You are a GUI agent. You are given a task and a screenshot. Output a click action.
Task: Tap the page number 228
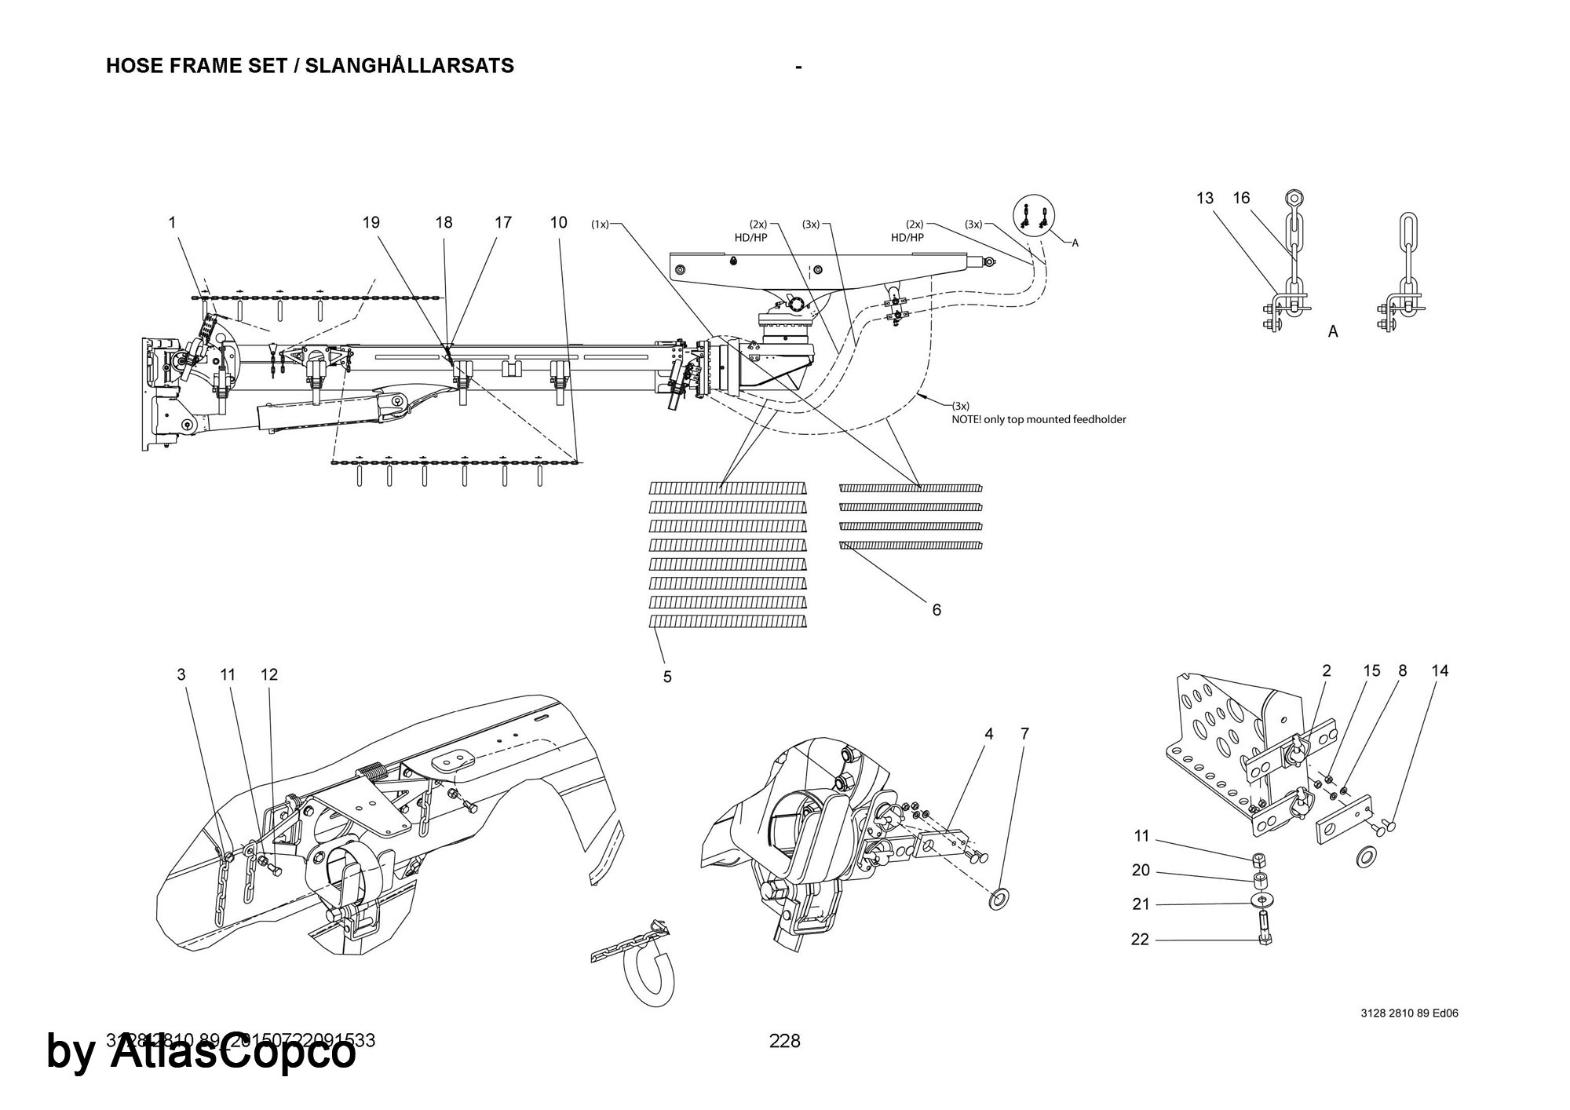(x=784, y=1041)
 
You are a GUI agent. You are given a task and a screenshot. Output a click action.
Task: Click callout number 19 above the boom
(x=371, y=223)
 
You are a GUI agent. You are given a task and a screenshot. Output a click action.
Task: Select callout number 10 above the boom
(x=558, y=223)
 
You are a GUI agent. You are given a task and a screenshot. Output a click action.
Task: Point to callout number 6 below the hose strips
(x=937, y=610)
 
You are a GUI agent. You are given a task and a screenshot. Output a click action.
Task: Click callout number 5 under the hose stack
(x=667, y=677)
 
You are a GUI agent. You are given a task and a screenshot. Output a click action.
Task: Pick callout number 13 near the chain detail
(x=1205, y=199)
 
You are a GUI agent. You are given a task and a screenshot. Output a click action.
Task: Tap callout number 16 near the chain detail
(x=1241, y=199)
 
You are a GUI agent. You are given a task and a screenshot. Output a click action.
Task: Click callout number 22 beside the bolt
(x=1140, y=940)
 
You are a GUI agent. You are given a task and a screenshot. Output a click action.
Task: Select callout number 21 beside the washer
(x=1141, y=904)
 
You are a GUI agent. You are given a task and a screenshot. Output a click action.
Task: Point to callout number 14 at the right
(x=1440, y=671)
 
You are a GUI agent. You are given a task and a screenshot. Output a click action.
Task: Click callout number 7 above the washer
(x=1024, y=734)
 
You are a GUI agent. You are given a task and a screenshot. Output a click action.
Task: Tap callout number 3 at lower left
(x=181, y=674)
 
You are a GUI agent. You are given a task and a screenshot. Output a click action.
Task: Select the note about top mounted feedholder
(x=1039, y=419)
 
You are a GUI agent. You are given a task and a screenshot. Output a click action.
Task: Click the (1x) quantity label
(x=600, y=225)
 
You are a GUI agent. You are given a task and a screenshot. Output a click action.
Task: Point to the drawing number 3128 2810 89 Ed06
(x=1409, y=1013)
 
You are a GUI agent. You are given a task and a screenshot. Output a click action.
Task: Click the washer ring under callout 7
(x=1000, y=898)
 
